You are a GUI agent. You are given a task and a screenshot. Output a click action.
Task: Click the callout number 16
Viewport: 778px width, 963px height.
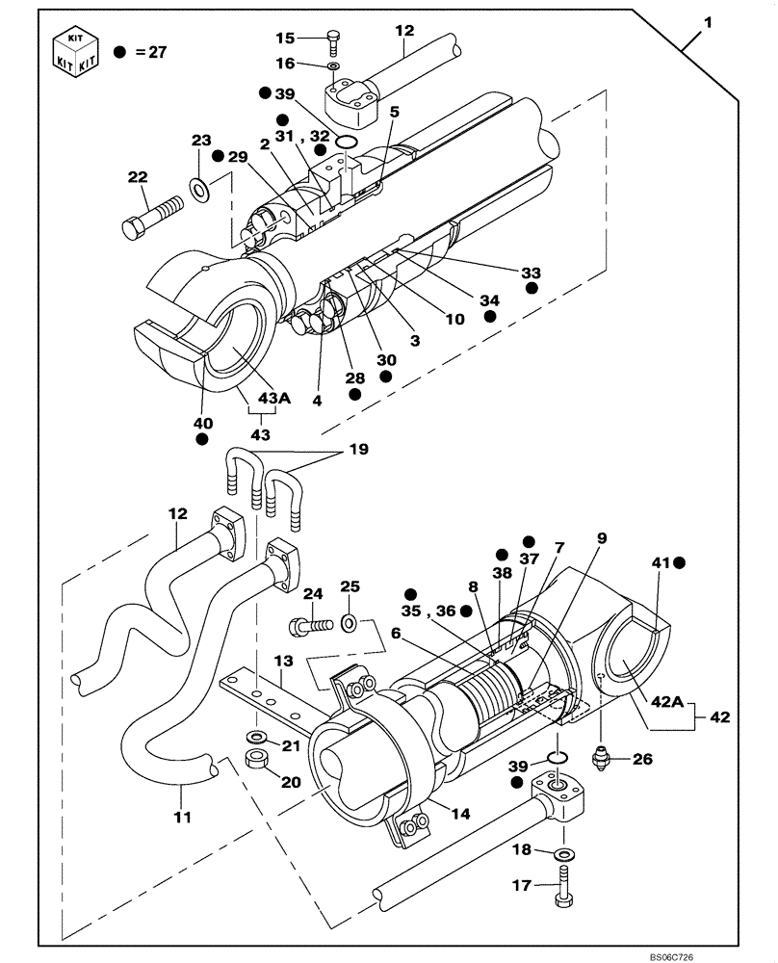(286, 65)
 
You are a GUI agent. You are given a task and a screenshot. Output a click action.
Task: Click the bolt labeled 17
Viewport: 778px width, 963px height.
(562, 890)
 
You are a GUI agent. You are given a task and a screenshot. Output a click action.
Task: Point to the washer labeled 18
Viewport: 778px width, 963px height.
(562, 851)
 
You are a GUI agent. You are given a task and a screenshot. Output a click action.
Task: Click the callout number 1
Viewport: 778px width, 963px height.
(708, 21)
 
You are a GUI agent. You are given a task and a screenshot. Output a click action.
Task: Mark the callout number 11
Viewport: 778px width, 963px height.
(183, 817)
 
